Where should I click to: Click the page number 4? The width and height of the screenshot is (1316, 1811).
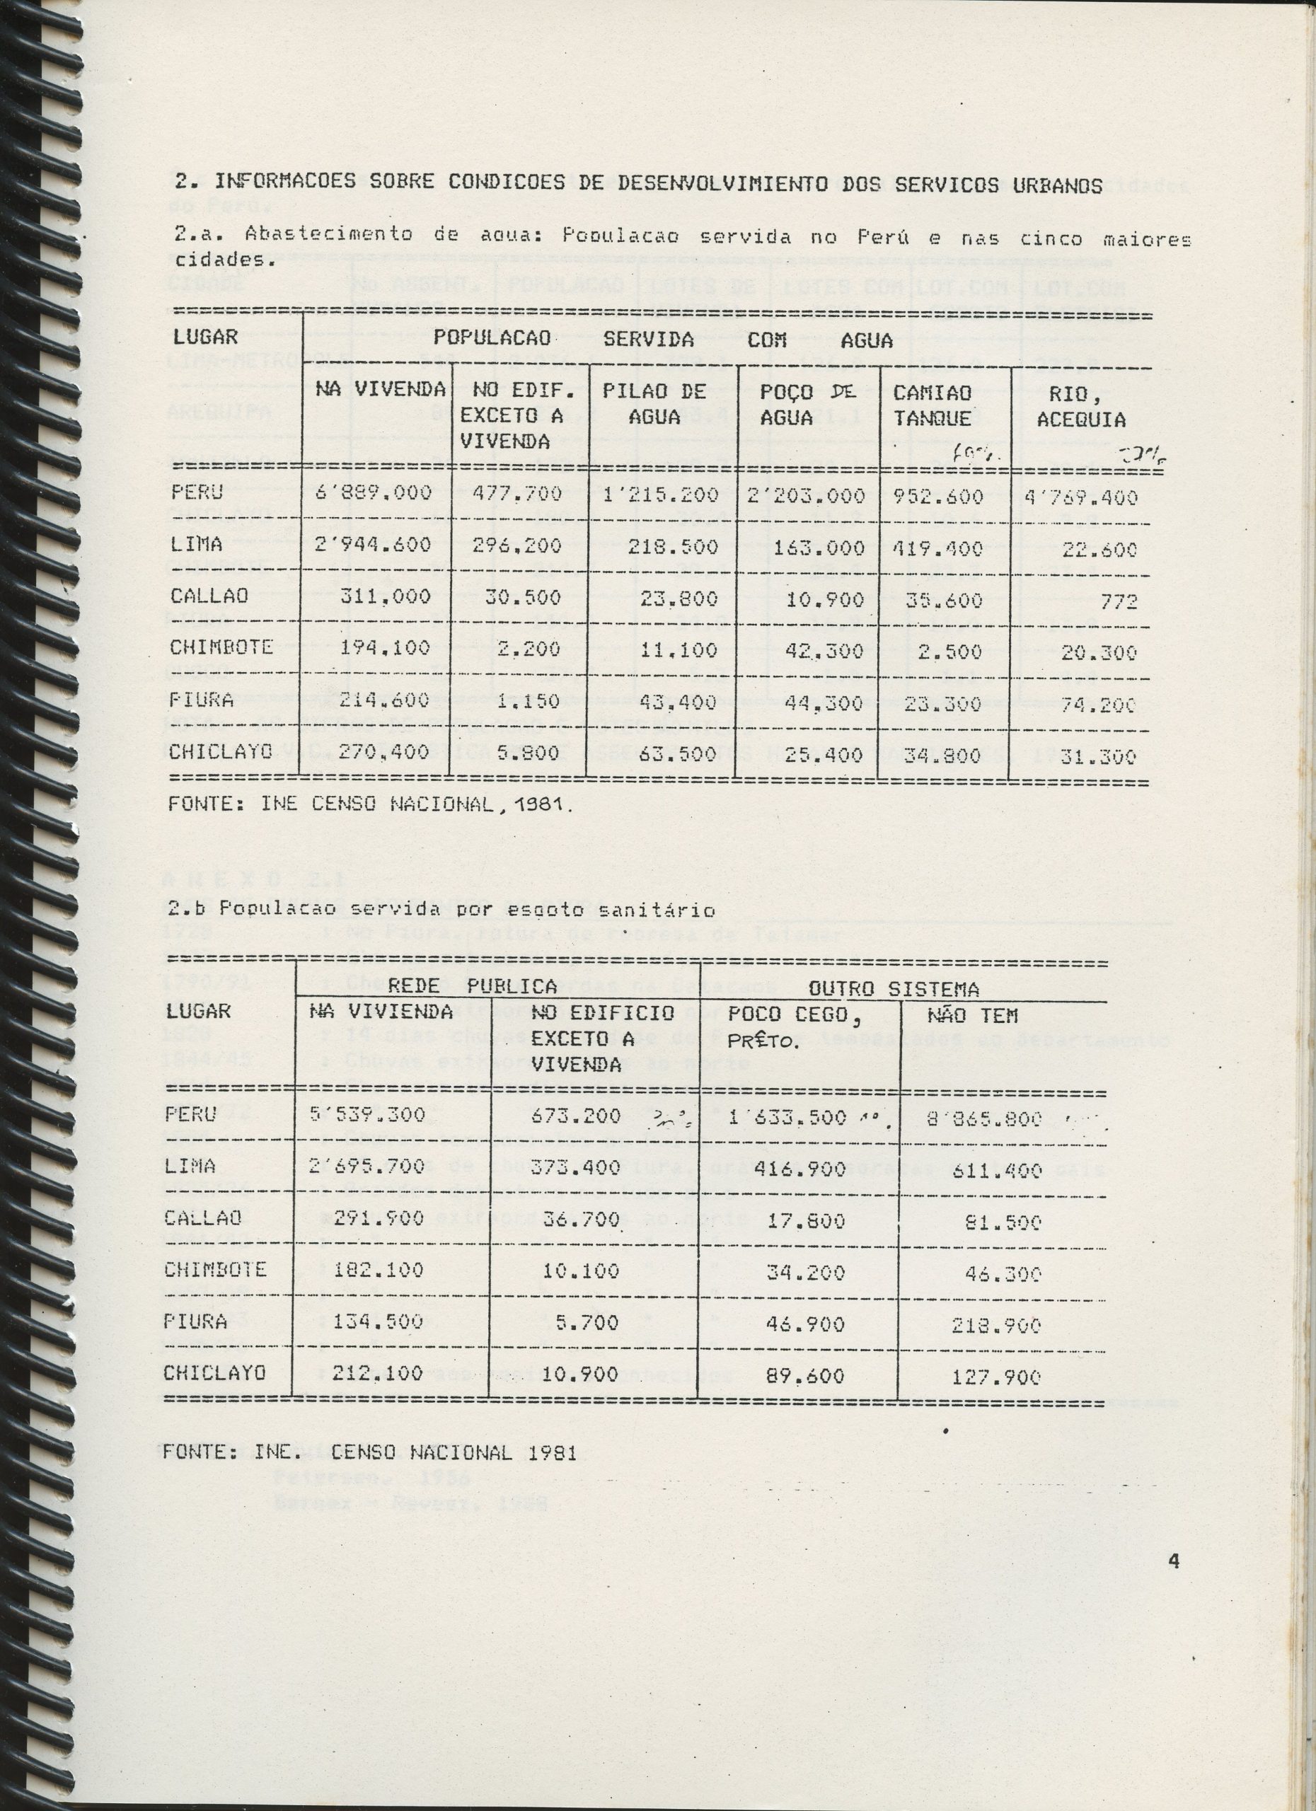click(1173, 1561)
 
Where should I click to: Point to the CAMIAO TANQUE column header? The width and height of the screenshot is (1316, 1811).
click(932, 405)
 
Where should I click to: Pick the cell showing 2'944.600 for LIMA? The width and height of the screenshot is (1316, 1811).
click(373, 545)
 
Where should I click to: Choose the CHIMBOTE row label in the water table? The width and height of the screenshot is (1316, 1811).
click(221, 647)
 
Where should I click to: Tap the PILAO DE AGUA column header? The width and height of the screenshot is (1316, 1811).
click(654, 403)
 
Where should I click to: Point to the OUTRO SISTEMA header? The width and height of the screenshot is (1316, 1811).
click(894, 990)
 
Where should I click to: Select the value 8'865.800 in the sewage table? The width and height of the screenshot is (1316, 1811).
click(986, 1118)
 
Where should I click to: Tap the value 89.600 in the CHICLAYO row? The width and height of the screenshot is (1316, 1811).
click(804, 1376)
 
